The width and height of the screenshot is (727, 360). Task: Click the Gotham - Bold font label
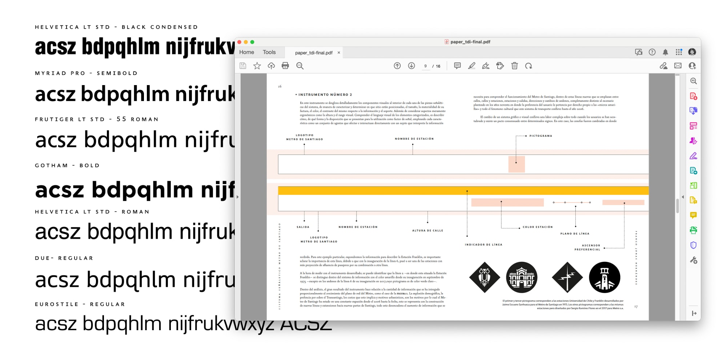pos(67,165)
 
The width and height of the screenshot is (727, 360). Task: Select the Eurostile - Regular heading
pos(80,304)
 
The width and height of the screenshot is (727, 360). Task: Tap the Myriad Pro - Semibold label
pos(86,73)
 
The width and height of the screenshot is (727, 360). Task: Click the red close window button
pos(239,42)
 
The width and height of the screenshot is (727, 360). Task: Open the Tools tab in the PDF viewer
pos(269,52)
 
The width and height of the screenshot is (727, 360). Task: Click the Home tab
pos(246,52)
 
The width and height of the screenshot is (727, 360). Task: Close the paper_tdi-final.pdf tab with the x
pos(339,53)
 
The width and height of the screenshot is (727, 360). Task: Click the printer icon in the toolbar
pos(285,66)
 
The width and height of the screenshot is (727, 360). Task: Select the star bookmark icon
pos(257,66)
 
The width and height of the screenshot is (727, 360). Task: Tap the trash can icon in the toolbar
pos(514,66)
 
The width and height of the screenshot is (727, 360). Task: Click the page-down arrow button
pos(411,66)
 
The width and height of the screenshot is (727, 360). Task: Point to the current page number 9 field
pos(425,66)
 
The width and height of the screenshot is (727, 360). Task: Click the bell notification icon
pos(665,52)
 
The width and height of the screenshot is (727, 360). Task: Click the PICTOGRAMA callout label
pos(541,136)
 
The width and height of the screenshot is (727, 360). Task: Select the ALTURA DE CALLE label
pos(427,231)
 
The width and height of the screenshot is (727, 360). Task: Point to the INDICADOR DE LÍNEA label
pos(483,245)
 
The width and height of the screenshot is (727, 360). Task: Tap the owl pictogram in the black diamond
pos(485,277)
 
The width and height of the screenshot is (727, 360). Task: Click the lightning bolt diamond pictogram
pos(567,277)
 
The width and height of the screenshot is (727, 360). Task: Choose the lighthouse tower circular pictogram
pos(605,277)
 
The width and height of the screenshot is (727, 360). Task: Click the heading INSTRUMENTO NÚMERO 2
pos(325,95)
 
